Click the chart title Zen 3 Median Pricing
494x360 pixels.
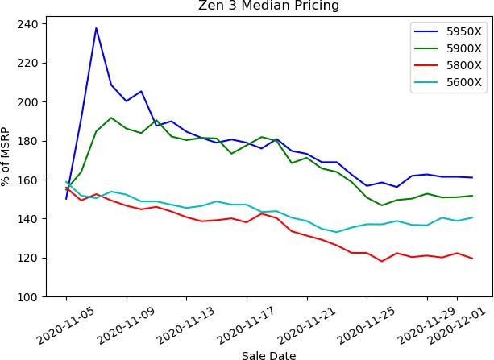tap(269, 6)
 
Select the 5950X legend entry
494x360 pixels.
tap(464, 31)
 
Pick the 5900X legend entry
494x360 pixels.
tap(464, 48)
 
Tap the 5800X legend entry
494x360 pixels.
tap(464, 65)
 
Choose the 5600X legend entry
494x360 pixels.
tap(464, 82)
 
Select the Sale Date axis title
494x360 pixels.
tap(269, 354)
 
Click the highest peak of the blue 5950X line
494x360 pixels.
tap(96, 28)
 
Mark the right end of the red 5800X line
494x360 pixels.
tap(472, 259)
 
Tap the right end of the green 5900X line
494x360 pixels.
tap(472, 196)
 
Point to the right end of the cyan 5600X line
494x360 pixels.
tap(472, 217)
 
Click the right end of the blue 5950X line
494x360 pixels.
tap(472, 177)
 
